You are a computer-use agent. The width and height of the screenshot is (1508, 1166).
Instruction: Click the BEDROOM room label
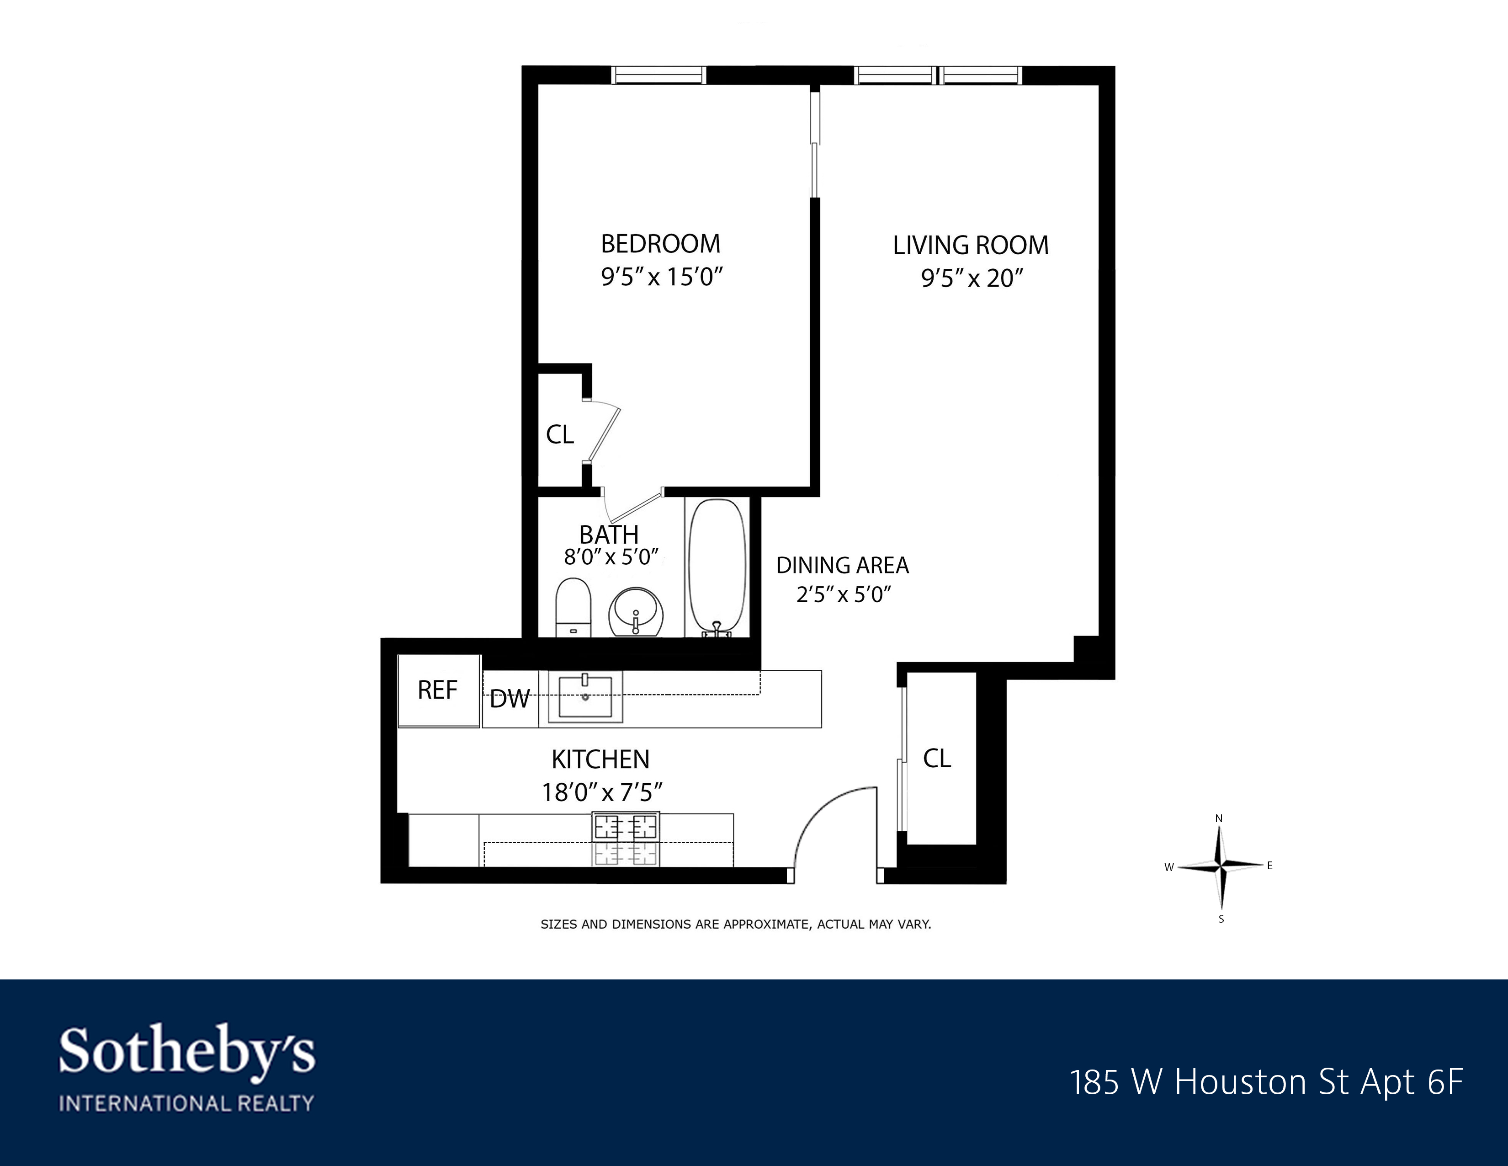(660, 244)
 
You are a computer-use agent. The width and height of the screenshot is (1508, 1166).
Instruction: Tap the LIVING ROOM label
(970, 245)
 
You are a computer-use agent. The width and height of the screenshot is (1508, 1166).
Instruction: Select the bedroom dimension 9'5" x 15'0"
(661, 277)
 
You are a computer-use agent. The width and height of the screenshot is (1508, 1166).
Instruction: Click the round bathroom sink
(636, 611)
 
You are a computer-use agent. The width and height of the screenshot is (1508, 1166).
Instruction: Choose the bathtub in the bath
(718, 567)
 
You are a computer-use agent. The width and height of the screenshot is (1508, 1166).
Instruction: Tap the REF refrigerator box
(438, 690)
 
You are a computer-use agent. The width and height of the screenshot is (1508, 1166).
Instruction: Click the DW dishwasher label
(510, 699)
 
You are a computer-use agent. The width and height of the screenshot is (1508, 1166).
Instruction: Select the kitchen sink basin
(585, 697)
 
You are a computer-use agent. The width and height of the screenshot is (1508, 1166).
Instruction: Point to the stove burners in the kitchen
(626, 839)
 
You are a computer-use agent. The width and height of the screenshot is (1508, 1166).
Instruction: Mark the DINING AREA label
(842, 566)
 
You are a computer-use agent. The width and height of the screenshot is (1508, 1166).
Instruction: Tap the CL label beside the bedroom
(560, 434)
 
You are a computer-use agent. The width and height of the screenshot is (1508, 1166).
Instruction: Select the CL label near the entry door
(937, 759)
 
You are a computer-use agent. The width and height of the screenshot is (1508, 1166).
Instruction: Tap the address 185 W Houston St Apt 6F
(1266, 1082)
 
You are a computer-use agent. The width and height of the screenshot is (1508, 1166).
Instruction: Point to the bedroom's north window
(659, 75)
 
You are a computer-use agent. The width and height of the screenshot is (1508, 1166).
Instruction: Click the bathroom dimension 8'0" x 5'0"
(611, 557)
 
